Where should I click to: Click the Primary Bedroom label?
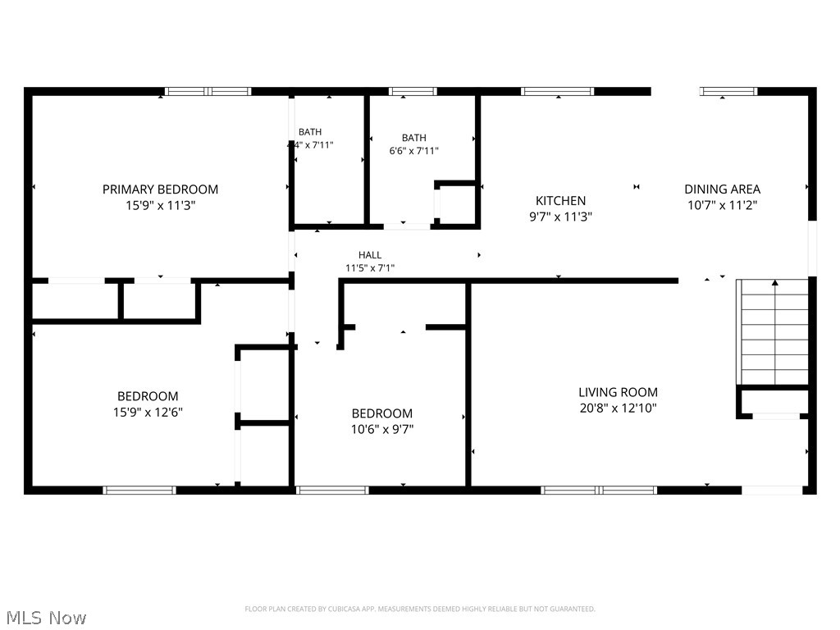[160, 189]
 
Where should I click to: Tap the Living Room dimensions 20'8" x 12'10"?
[618, 408]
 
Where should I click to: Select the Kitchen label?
[560, 201]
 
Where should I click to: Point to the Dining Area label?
[722, 189]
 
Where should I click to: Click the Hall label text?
[369, 255]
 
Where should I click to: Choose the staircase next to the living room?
[774, 331]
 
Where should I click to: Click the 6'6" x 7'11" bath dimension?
[413, 151]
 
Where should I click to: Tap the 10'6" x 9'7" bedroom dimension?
[381, 428]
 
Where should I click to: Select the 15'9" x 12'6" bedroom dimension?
[148, 412]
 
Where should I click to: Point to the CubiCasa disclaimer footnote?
[419, 609]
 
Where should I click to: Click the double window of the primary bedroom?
[208, 91]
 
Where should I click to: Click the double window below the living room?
[599, 491]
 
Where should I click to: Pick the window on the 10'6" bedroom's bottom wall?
[332, 491]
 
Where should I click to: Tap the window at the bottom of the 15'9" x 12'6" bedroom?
[139, 491]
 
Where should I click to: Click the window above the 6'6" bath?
[413, 91]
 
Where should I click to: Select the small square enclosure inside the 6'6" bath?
[458, 203]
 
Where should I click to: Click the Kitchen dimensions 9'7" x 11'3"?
[562, 217]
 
